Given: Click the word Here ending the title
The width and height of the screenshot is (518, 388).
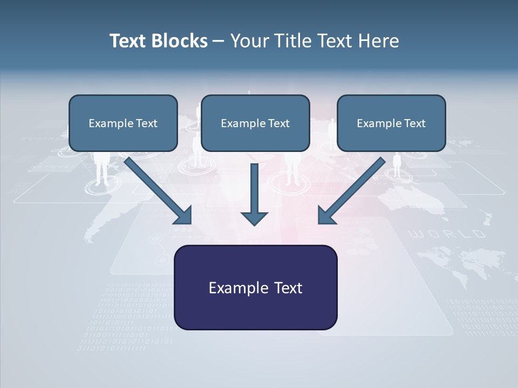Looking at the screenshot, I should coord(380,41).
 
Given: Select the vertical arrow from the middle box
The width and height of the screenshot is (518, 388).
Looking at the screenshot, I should coord(254,189).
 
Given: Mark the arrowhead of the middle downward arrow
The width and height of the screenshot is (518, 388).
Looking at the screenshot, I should coord(254,218).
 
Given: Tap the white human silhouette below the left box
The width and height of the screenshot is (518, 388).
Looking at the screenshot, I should coord(101,167).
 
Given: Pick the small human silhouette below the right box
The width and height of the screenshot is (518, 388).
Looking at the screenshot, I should coord(397,164).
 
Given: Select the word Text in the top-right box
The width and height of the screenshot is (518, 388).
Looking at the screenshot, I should coord(414,123).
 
